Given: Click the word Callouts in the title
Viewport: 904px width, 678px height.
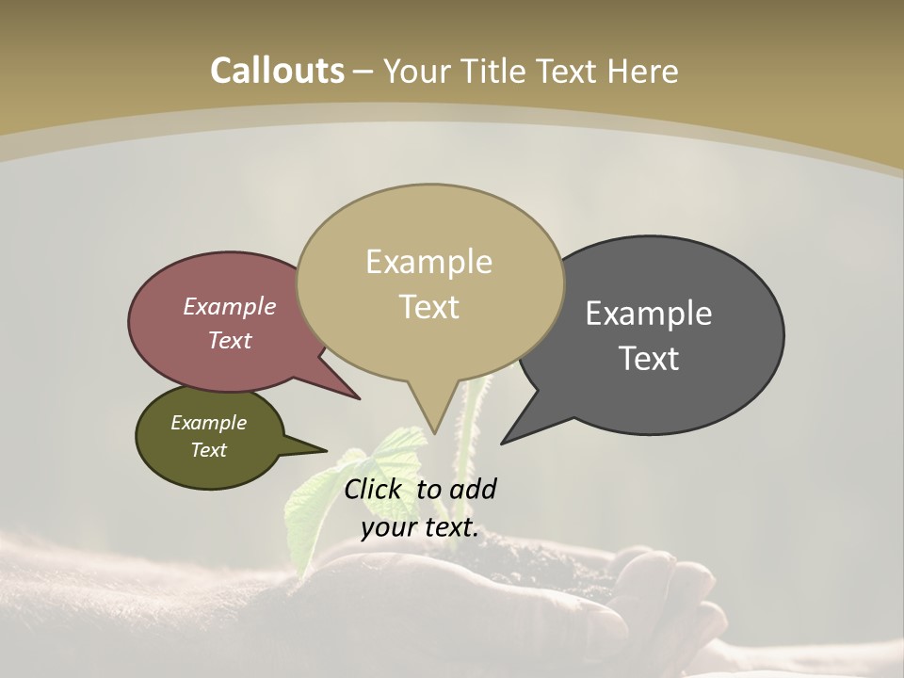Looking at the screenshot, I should tap(277, 71).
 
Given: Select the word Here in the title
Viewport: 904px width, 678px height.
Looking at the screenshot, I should tap(642, 71).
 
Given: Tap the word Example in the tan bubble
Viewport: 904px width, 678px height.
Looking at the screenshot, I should tap(428, 262).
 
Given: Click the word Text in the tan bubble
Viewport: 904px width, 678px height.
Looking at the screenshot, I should tap(428, 307).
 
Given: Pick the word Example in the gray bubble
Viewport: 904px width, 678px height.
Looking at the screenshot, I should tap(649, 314).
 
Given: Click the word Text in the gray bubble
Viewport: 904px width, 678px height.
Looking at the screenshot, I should tap(649, 359).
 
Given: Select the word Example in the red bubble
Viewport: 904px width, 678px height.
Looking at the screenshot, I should tap(229, 307).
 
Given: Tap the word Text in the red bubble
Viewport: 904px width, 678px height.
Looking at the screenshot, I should tap(229, 340).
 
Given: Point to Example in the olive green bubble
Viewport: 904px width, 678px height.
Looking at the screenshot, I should tap(208, 423).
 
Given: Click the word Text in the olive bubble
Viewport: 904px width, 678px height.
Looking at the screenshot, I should tap(208, 450).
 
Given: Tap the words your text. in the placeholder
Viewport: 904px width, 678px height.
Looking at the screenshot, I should tap(419, 527).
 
